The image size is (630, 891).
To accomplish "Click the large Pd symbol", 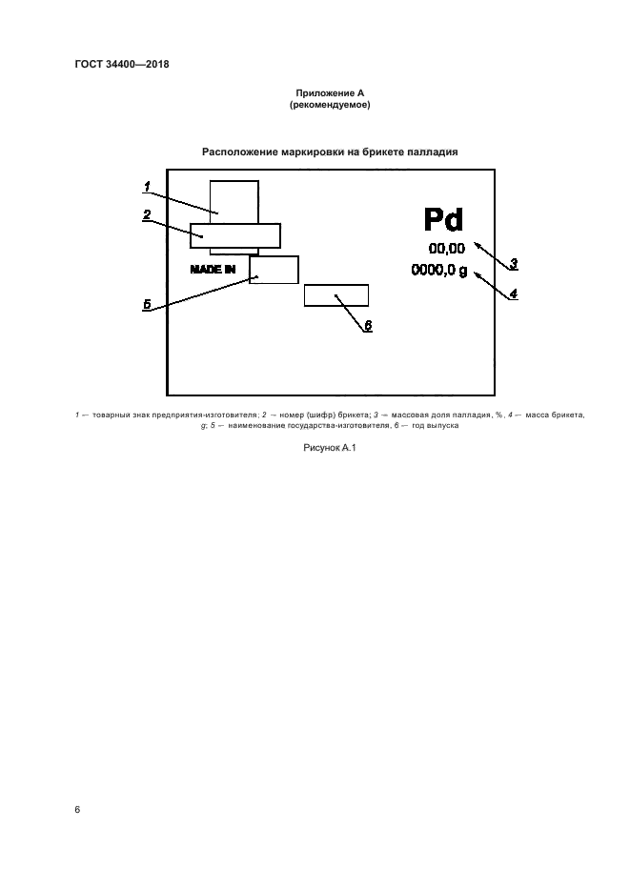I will click(x=442, y=220).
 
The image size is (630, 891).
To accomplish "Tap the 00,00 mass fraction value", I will click(x=447, y=250).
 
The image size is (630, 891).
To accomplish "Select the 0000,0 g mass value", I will click(x=439, y=271).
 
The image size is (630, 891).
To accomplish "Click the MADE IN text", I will click(x=213, y=270).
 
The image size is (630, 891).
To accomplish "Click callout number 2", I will click(x=148, y=214).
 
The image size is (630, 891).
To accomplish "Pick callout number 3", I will click(x=513, y=264).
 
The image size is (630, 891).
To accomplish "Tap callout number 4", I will click(x=513, y=294).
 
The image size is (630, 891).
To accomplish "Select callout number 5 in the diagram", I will click(x=148, y=305).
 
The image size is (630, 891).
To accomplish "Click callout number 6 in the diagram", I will click(x=369, y=325).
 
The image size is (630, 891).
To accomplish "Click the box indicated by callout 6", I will click(x=335, y=295).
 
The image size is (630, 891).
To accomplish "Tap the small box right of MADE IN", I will click(x=274, y=270).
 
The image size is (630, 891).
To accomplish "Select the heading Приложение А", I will click(x=329, y=92).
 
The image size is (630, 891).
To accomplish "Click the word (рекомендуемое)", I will click(x=329, y=105).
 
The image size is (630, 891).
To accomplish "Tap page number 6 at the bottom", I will click(x=77, y=809).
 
